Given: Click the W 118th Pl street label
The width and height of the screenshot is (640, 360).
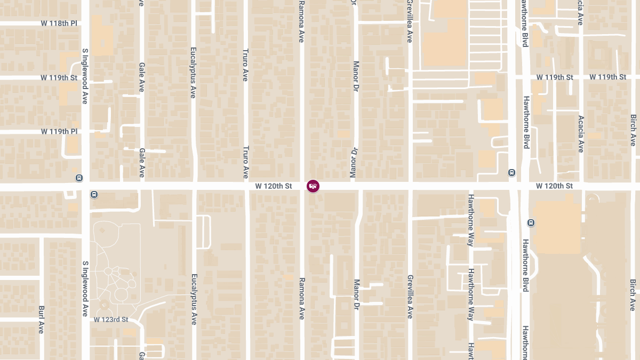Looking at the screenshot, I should tap(59, 23).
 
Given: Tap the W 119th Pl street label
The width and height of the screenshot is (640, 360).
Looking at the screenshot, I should tap(59, 131).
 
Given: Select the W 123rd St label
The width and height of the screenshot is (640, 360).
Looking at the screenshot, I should tap(111, 319).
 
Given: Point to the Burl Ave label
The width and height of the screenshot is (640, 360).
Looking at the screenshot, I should tap(41, 319).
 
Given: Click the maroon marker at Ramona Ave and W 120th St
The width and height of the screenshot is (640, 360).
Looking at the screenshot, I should tap(313, 186).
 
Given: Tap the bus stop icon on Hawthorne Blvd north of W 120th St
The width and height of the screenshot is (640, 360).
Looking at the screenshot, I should tap(511, 172).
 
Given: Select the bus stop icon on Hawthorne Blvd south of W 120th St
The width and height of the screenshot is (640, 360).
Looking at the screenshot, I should tap(531, 222).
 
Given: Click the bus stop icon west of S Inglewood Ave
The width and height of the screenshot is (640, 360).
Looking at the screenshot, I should tap(79, 178).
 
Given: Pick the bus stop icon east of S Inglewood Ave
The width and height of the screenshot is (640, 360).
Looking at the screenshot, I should tap(94, 195).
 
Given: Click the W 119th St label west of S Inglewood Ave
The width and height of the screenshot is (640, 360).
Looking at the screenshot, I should tap(59, 77).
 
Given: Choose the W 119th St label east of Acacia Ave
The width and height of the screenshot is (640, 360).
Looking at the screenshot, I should tap(607, 77).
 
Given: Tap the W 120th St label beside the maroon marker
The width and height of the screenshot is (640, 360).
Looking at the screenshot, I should tap(274, 186).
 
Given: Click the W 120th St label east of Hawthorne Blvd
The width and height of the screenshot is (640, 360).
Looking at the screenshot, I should tap(554, 186).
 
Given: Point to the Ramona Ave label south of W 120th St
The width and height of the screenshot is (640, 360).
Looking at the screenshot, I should tap(301, 298).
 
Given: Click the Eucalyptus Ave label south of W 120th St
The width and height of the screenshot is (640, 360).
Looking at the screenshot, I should tap(194, 299).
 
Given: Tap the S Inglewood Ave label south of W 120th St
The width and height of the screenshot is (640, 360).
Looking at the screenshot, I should tap(85, 289).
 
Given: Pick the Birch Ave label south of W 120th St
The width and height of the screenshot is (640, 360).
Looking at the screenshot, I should tap(633, 295).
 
